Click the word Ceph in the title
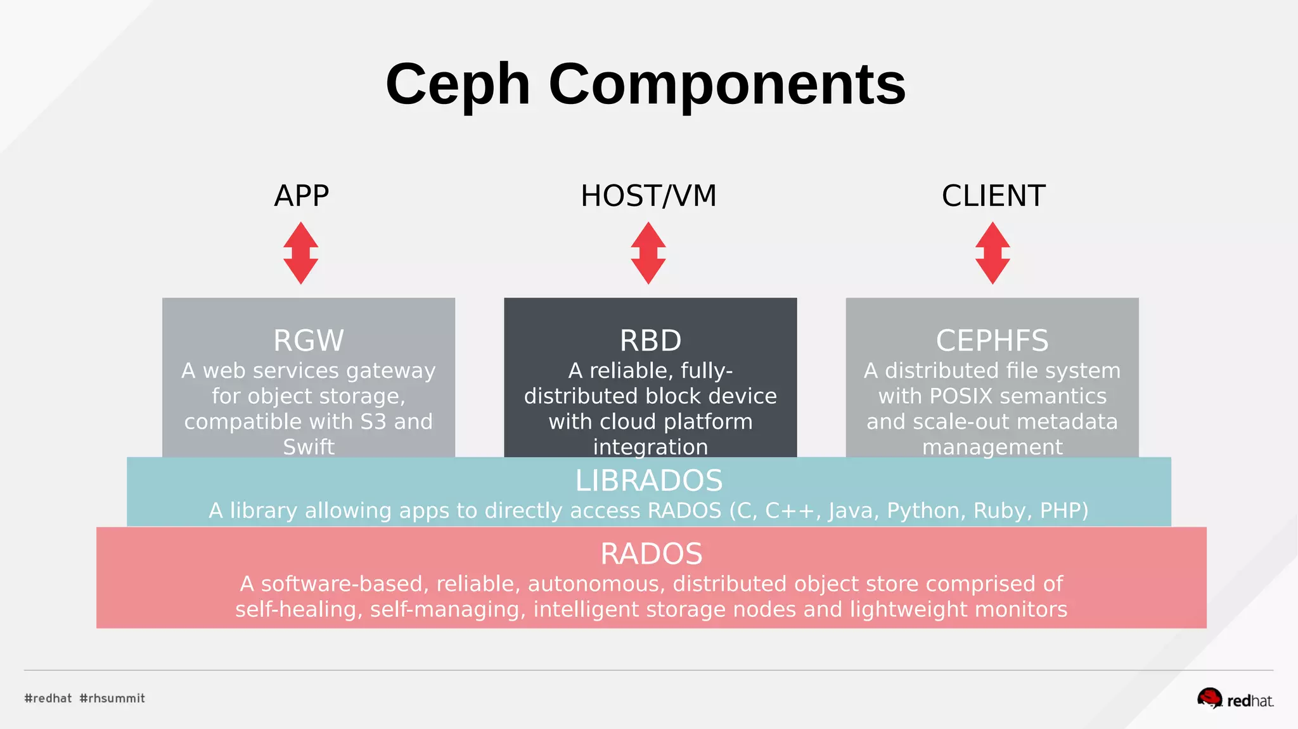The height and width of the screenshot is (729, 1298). point(458,86)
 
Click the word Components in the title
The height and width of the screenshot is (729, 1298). point(727,86)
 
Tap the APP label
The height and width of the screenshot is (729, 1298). point(301,196)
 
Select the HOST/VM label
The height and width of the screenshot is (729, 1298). point(648,196)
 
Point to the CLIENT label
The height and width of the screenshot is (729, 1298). point(993,196)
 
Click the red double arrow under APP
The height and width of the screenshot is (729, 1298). point(300,253)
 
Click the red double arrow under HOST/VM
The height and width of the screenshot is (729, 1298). point(648,253)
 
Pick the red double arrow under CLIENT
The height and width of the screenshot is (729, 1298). point(993,253)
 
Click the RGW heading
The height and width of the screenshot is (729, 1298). point(309,340)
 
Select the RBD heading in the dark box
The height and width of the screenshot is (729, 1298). point(650,340)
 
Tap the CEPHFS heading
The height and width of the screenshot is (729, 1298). point(992,340)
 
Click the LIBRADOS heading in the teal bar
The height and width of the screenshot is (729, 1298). point(648,481)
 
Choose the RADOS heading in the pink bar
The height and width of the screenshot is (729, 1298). point(651,553)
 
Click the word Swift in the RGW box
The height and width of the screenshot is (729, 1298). point(309,447)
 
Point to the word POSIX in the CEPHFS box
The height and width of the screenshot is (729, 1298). point(961,396)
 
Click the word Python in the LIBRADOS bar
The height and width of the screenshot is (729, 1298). point(926,510)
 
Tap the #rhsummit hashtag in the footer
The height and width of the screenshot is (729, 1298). point(112,698)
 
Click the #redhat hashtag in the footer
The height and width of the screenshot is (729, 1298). point(48,698)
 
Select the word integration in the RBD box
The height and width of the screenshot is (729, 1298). point(650,447)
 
